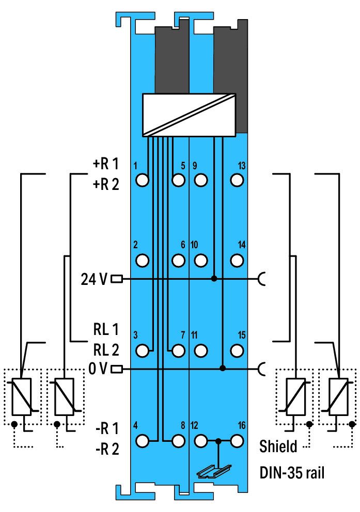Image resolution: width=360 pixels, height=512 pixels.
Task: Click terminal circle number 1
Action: [x=142, y=180]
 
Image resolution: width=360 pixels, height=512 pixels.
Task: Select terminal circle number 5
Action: [x=178, y=180]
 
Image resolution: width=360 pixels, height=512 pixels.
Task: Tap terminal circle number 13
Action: [x=237, y=180]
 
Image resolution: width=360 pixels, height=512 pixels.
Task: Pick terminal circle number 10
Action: [x=200, y=261]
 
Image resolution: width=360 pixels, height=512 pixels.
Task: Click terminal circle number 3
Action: [x=142, y=350]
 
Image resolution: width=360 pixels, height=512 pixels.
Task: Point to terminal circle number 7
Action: [x=178, y=350]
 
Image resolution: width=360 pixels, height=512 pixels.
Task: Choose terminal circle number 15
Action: [x=237, y=350]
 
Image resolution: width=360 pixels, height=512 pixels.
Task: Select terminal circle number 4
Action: [x=142, y=441]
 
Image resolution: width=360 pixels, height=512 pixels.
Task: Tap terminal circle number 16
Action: [x=237, y=441]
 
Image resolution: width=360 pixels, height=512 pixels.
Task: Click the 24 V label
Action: [x=94, y=279]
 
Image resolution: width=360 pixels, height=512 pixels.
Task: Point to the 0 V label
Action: [x=98, y=369]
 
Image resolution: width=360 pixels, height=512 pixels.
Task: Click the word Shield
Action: [x=278, y=446]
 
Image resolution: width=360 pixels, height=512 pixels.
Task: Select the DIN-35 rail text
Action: [x=292, y=472]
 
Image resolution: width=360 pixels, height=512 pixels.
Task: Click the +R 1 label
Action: [x=106, y=164]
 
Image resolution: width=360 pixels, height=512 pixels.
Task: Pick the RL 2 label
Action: [x=106, y=350]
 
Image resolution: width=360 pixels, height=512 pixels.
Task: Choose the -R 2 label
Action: [x=107, y=449]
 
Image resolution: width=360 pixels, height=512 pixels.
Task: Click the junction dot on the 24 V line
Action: [x=214, y=279]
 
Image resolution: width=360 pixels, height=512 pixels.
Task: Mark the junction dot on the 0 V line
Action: [x=223, y=369]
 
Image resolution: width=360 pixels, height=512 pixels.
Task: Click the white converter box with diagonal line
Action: [x=189, y=115]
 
